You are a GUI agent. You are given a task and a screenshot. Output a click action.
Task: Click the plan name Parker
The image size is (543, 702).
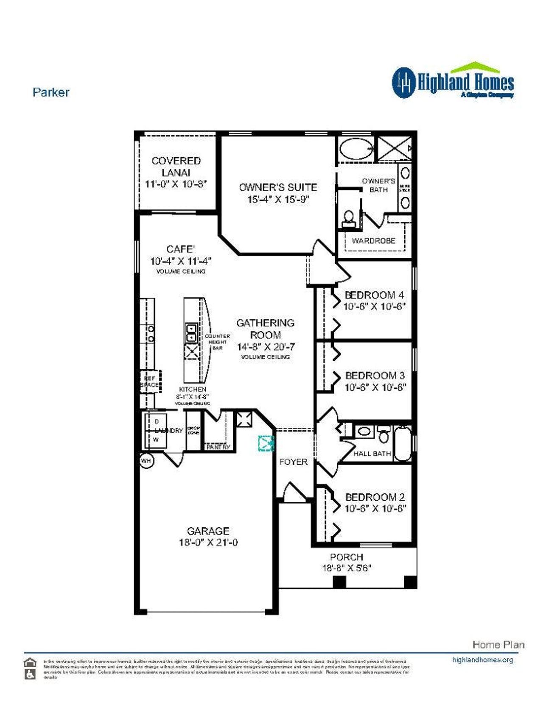pyautogui.click(x=51, y=92)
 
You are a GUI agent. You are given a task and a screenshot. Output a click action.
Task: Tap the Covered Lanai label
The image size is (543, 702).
pyautogui.click(x=176, y=167)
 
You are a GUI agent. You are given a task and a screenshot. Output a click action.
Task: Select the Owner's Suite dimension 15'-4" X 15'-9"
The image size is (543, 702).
pyautogui.click(x=278, y=199)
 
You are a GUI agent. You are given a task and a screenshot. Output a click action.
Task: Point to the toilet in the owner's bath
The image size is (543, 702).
pyautogui.click(x=349, y=218)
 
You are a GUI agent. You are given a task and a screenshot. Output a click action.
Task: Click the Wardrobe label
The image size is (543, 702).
pyautogui.click(x=373, y=241)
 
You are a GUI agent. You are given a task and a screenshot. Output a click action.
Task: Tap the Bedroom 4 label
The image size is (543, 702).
pyautogui.click(x=374, y=295)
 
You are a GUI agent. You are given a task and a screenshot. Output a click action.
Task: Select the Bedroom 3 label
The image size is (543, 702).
pyautogui.click(x=375, y=376)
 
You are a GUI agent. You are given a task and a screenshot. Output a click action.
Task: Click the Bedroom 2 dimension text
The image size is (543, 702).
pyautogui.click(x=375, y=508)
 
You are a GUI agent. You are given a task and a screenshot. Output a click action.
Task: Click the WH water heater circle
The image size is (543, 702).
pyautogui.click(x=146, y=460)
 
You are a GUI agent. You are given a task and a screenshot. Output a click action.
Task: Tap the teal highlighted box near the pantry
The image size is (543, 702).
pyautogui.click(x=266, y=443)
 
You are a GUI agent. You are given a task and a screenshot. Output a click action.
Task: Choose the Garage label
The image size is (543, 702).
pyautogui.click(x=208, y=531)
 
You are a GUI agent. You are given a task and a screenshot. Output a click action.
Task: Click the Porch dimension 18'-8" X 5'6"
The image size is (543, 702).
pyautogui.click(x=347, y=568)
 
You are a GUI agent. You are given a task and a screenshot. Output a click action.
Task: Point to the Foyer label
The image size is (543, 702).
pyautogui.click(x=293, y=462)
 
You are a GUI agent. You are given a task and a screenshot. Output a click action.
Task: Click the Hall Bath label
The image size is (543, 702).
pyautogui.click(x=372, y=454)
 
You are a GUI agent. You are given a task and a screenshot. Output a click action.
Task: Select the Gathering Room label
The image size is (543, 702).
pyautogui.click(x=266, y=329)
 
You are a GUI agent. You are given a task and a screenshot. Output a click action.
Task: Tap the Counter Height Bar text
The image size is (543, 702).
pyautogui.click(x=217, y=342)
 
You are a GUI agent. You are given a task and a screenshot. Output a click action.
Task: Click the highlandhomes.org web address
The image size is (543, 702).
pyautogui.click(x=482, y=660)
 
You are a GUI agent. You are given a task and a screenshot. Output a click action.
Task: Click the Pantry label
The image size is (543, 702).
pyautogui.click(x=218, y=447)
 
